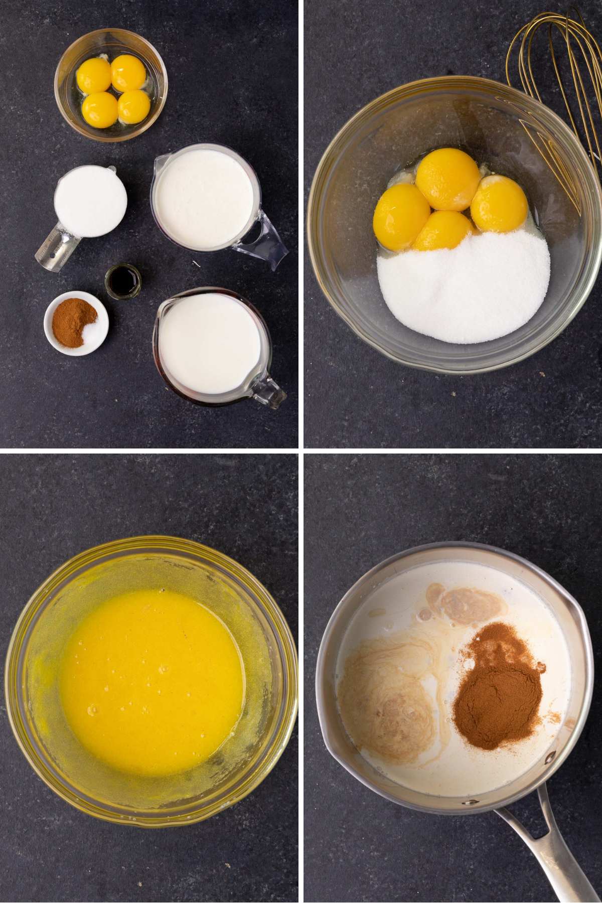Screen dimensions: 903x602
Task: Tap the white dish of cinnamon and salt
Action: coord(76,324)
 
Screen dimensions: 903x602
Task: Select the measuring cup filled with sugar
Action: coord(90,205)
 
